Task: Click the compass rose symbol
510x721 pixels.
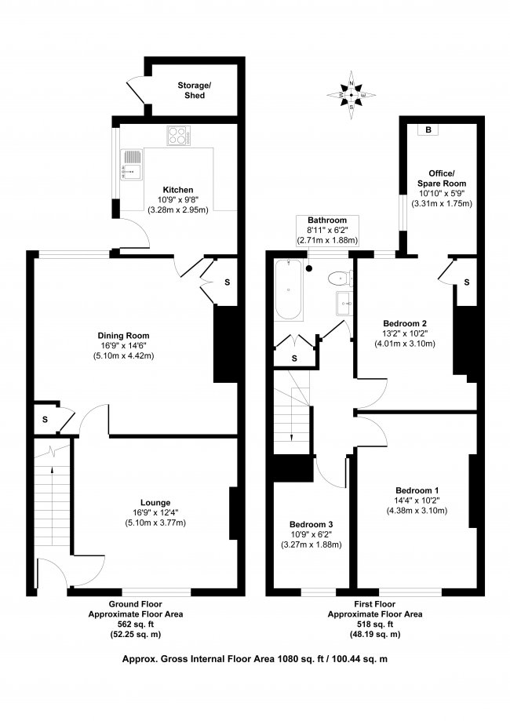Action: coord(351,95)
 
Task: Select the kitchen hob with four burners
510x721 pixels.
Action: coord(179,136)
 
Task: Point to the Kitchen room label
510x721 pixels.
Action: coord(178,190)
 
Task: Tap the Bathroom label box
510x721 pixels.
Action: coord(326,230)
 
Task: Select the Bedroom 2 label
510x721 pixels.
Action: coord(404,323)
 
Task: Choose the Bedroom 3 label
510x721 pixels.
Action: coord(310,524)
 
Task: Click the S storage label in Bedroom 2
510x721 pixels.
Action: coord(466,282)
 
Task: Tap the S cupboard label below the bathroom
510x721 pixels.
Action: coord(293,358)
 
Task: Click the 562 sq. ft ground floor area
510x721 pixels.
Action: coord(134,624)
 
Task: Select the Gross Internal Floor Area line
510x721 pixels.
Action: coord(254,660)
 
